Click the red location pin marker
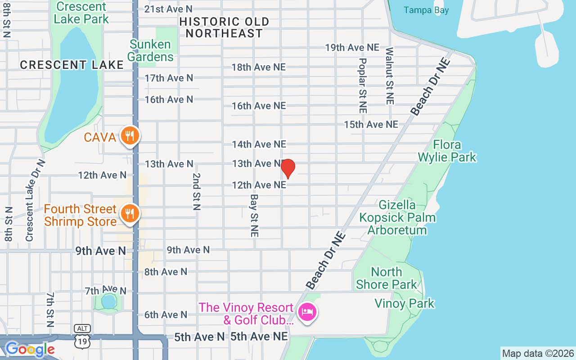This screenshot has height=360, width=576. point(288,169)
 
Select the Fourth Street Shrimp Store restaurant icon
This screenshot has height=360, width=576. point(130,213)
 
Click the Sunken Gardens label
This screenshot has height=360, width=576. point(150,50)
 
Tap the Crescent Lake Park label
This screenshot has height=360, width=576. point(81,13)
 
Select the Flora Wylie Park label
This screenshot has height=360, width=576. point(447,151)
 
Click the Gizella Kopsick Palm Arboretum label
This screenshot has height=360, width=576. point(397,217)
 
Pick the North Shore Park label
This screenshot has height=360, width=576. point(387,278)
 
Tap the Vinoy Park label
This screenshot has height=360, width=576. point(405,303)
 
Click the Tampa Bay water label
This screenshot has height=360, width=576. point(426,10)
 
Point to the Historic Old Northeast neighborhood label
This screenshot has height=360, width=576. point(224,27)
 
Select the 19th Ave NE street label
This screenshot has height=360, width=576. point(352,48)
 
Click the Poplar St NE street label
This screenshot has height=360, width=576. point(363,85)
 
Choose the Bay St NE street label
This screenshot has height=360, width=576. point(254,216)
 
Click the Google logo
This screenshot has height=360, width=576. point(30,349)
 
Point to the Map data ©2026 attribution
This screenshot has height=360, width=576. point(538,353)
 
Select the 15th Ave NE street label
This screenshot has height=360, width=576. point(371,124)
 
